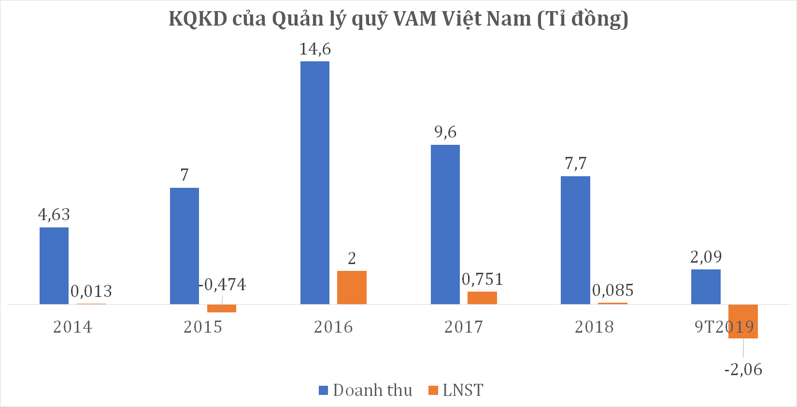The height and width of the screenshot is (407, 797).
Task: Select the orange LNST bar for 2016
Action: point(352,287)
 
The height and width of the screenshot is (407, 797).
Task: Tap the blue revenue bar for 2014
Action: point(54,266)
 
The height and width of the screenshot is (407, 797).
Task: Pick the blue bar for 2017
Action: point(445,225)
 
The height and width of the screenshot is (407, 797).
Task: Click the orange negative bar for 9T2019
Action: point(743,321)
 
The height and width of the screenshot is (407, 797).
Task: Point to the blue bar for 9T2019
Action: point(706,287)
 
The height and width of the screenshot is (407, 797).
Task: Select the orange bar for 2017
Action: point(482,297)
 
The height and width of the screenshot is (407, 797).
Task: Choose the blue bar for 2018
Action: point(575,240)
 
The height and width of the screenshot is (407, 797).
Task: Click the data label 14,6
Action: point(315,49)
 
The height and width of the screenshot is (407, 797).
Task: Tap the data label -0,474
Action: point(223,285)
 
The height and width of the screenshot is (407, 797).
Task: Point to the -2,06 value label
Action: point(743,370)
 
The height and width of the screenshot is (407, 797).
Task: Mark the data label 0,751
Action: point(482,279)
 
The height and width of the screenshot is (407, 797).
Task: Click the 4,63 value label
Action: point(54,214)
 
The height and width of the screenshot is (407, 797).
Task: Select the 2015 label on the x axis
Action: point(203,327)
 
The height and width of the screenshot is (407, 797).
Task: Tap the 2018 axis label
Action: point(594,327)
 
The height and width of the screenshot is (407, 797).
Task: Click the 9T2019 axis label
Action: point(724,327)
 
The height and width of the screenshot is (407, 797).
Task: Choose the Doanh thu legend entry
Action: point(366,390)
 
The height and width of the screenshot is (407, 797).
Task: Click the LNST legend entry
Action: point(456,390)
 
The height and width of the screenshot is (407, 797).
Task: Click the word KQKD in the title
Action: point(198,19)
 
